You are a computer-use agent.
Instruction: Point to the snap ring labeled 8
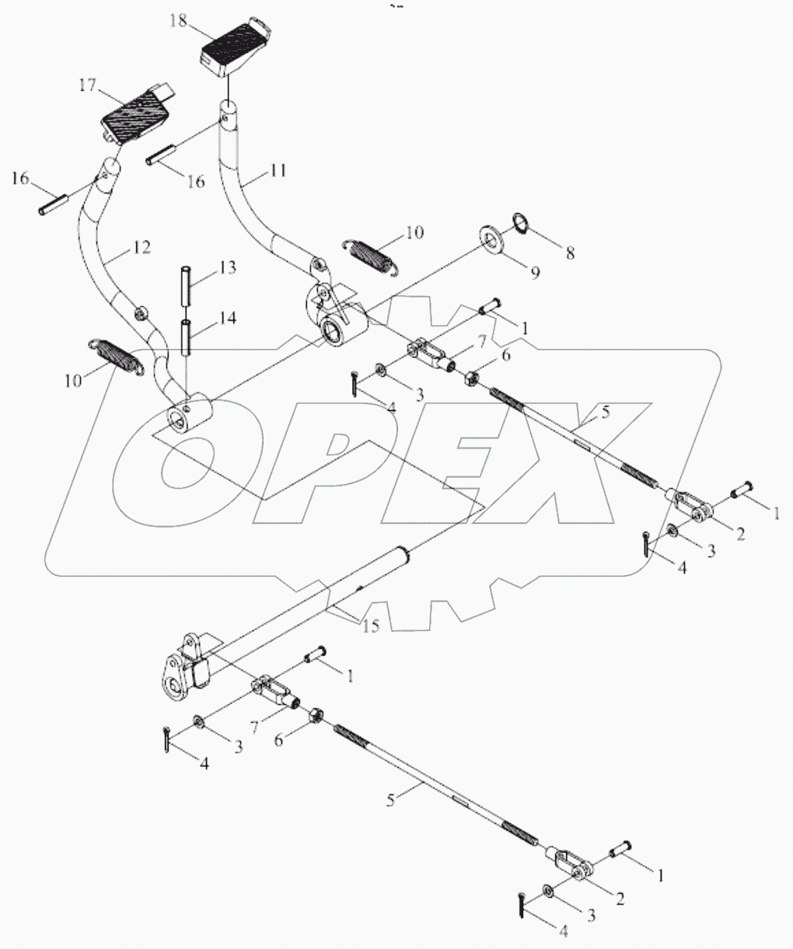tap(520, 224)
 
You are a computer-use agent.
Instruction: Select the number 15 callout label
tap(371, 626)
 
